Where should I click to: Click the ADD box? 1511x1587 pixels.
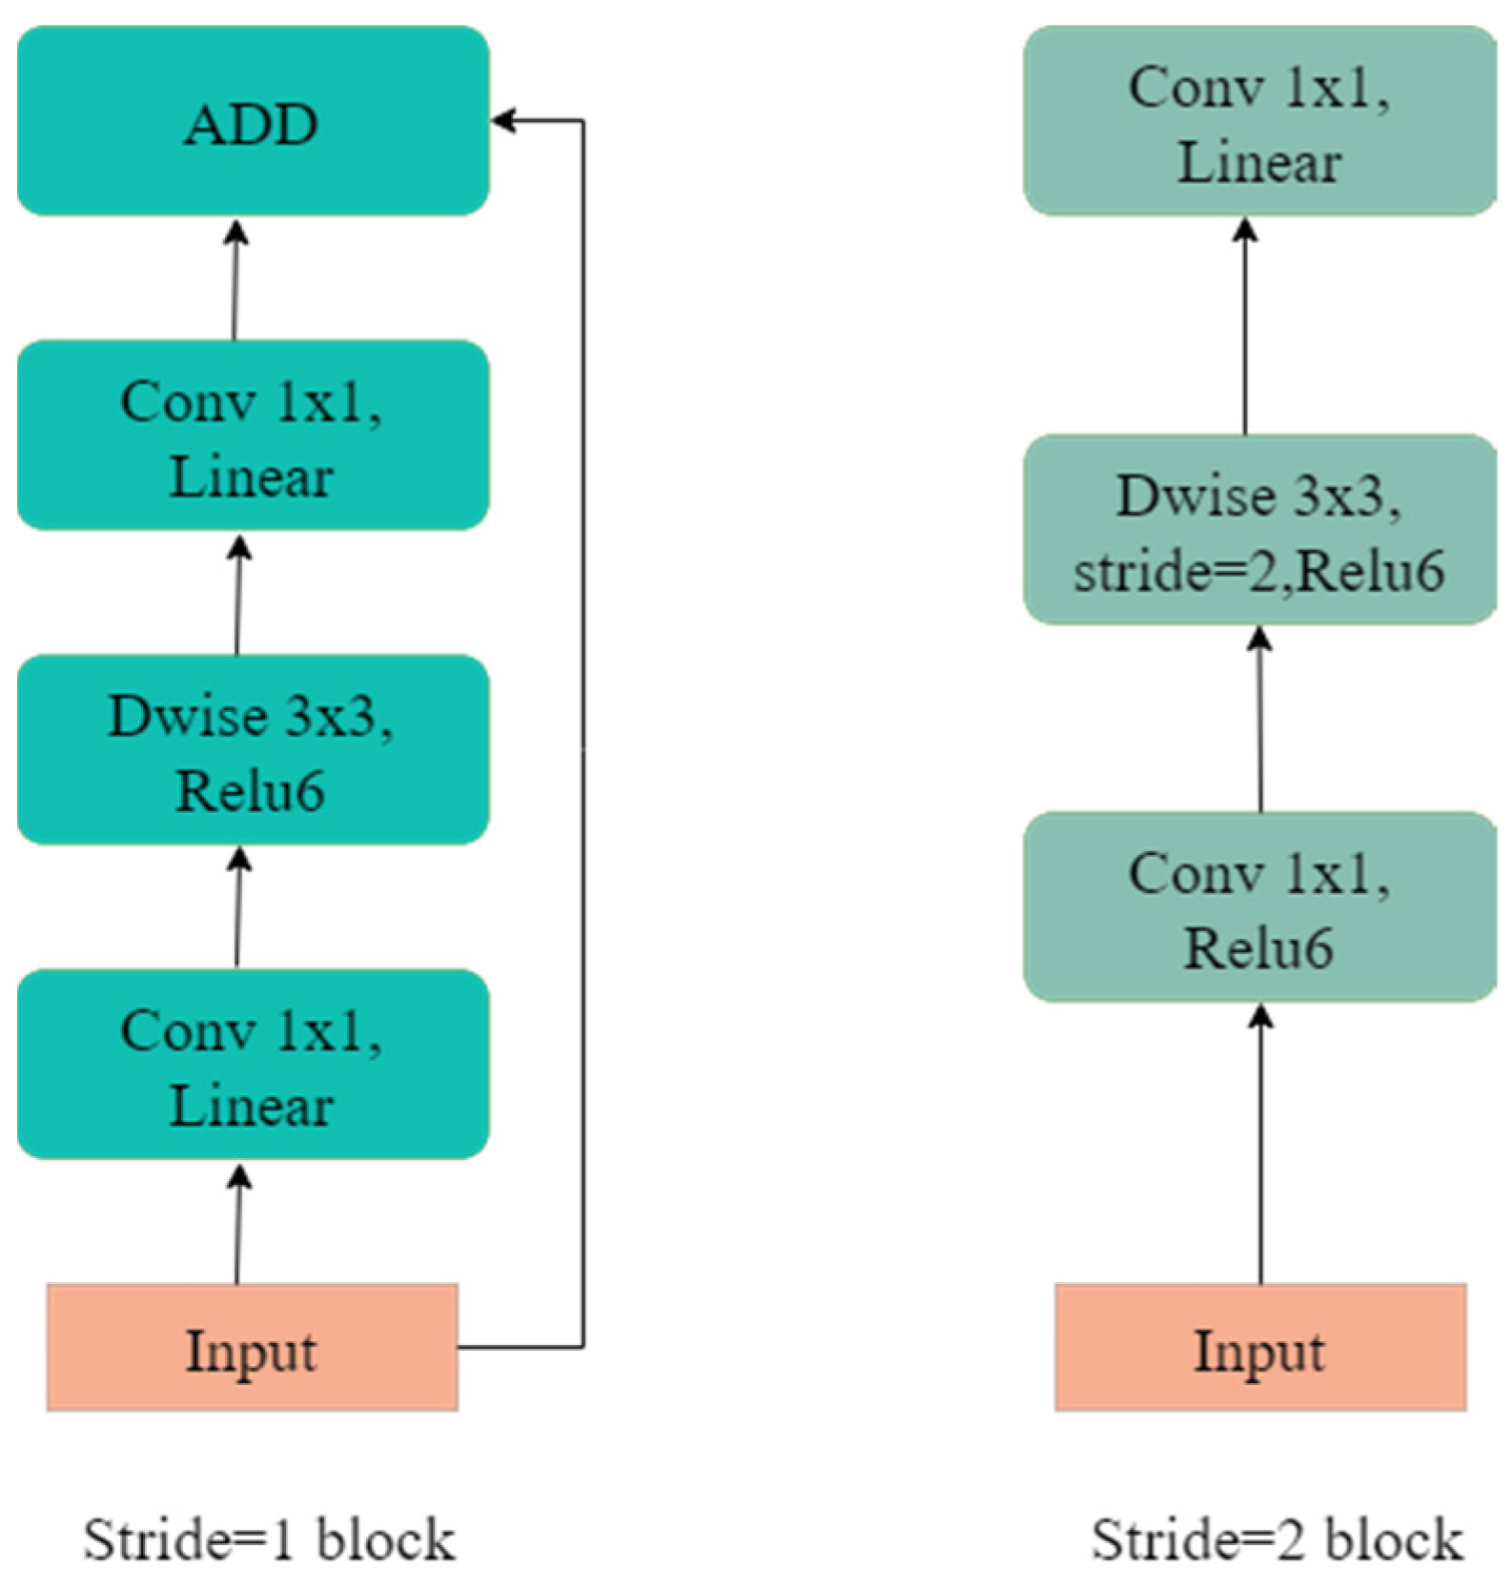pos(253,121)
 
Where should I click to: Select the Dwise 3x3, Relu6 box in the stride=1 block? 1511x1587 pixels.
pos(253,749)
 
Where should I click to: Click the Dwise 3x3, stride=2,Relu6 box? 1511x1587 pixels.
pos(1259,530)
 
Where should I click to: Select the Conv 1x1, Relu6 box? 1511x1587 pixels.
pos(1259,906)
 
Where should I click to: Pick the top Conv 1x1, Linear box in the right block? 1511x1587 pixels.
pos(1259,121)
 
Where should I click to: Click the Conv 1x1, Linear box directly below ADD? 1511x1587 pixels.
pos(253,435)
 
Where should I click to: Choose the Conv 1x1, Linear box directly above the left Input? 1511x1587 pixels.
pos(253,1064)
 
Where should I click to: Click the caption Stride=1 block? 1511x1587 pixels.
pos(269,1539)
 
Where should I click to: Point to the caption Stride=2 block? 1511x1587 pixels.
pos(1276,1539)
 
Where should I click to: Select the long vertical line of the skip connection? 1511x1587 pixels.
pos(582,734)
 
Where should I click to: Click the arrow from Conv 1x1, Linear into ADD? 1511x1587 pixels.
pos(235,281)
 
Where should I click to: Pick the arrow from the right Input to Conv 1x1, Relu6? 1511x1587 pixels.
pos(1260,1144)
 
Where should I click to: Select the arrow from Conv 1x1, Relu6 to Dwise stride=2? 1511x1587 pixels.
pos(1260,720)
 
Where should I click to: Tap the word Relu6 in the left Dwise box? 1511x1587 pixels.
pos(251,791)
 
